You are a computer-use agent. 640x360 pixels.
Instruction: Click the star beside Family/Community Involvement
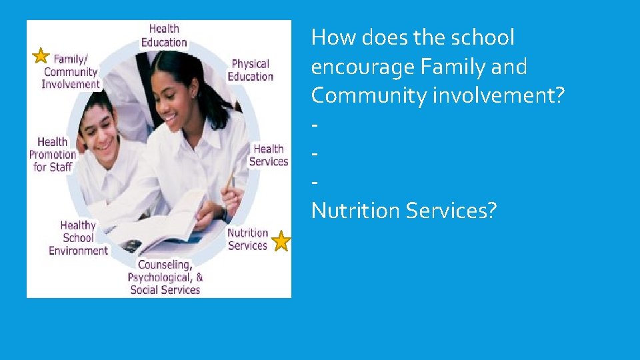tap(41, 55)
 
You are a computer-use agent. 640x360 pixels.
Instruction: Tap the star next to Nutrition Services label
tap(281, 241)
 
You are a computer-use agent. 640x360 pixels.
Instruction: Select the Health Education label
tap(164, 35)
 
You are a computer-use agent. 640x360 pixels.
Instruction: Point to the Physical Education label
tap(250, 70)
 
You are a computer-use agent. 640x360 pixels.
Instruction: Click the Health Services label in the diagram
tap(268, 155)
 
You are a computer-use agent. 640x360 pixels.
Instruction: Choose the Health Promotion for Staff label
tap(53, 154)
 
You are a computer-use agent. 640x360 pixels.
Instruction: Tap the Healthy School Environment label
tap(78, 238)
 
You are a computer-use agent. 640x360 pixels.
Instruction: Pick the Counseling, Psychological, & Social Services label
tap(165, 277)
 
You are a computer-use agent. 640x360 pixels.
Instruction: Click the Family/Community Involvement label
tap(71, 71)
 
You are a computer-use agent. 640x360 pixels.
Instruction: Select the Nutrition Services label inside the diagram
tap(247, 239)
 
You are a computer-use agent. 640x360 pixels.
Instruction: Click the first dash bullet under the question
tap(314, 125)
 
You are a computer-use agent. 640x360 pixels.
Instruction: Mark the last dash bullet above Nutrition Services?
tap(314, 182)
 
